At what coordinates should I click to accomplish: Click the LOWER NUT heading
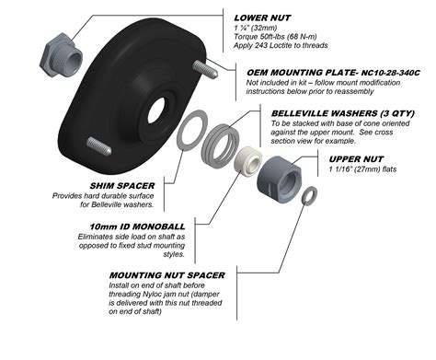point(268,16)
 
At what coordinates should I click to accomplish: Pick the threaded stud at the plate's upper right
point(205,65)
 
